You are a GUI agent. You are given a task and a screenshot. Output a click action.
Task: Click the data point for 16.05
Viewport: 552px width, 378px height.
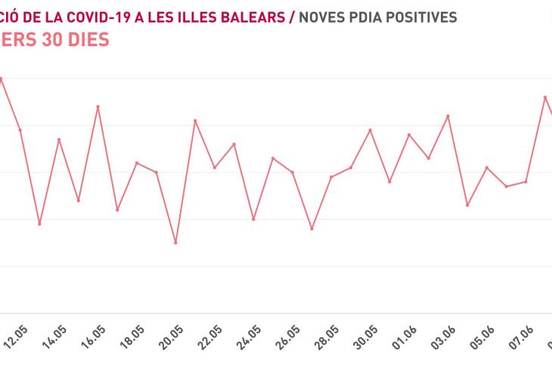pos(98,107)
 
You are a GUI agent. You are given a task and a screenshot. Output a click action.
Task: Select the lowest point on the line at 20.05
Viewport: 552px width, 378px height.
pos(175,243)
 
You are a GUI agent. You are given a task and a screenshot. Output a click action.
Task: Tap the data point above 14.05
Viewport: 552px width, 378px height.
pos(59,139)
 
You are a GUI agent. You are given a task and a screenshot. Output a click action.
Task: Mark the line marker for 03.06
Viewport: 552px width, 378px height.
pos(448,116)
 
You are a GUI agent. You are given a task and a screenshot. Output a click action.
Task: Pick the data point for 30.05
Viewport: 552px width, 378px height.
pos(370,130)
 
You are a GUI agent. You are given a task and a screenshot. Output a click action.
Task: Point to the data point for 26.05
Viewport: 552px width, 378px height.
pos(293,172)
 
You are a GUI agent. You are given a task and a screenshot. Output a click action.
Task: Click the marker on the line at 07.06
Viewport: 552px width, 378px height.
pos(526,181)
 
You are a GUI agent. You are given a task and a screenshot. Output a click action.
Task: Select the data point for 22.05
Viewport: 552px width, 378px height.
pos(215,167)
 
